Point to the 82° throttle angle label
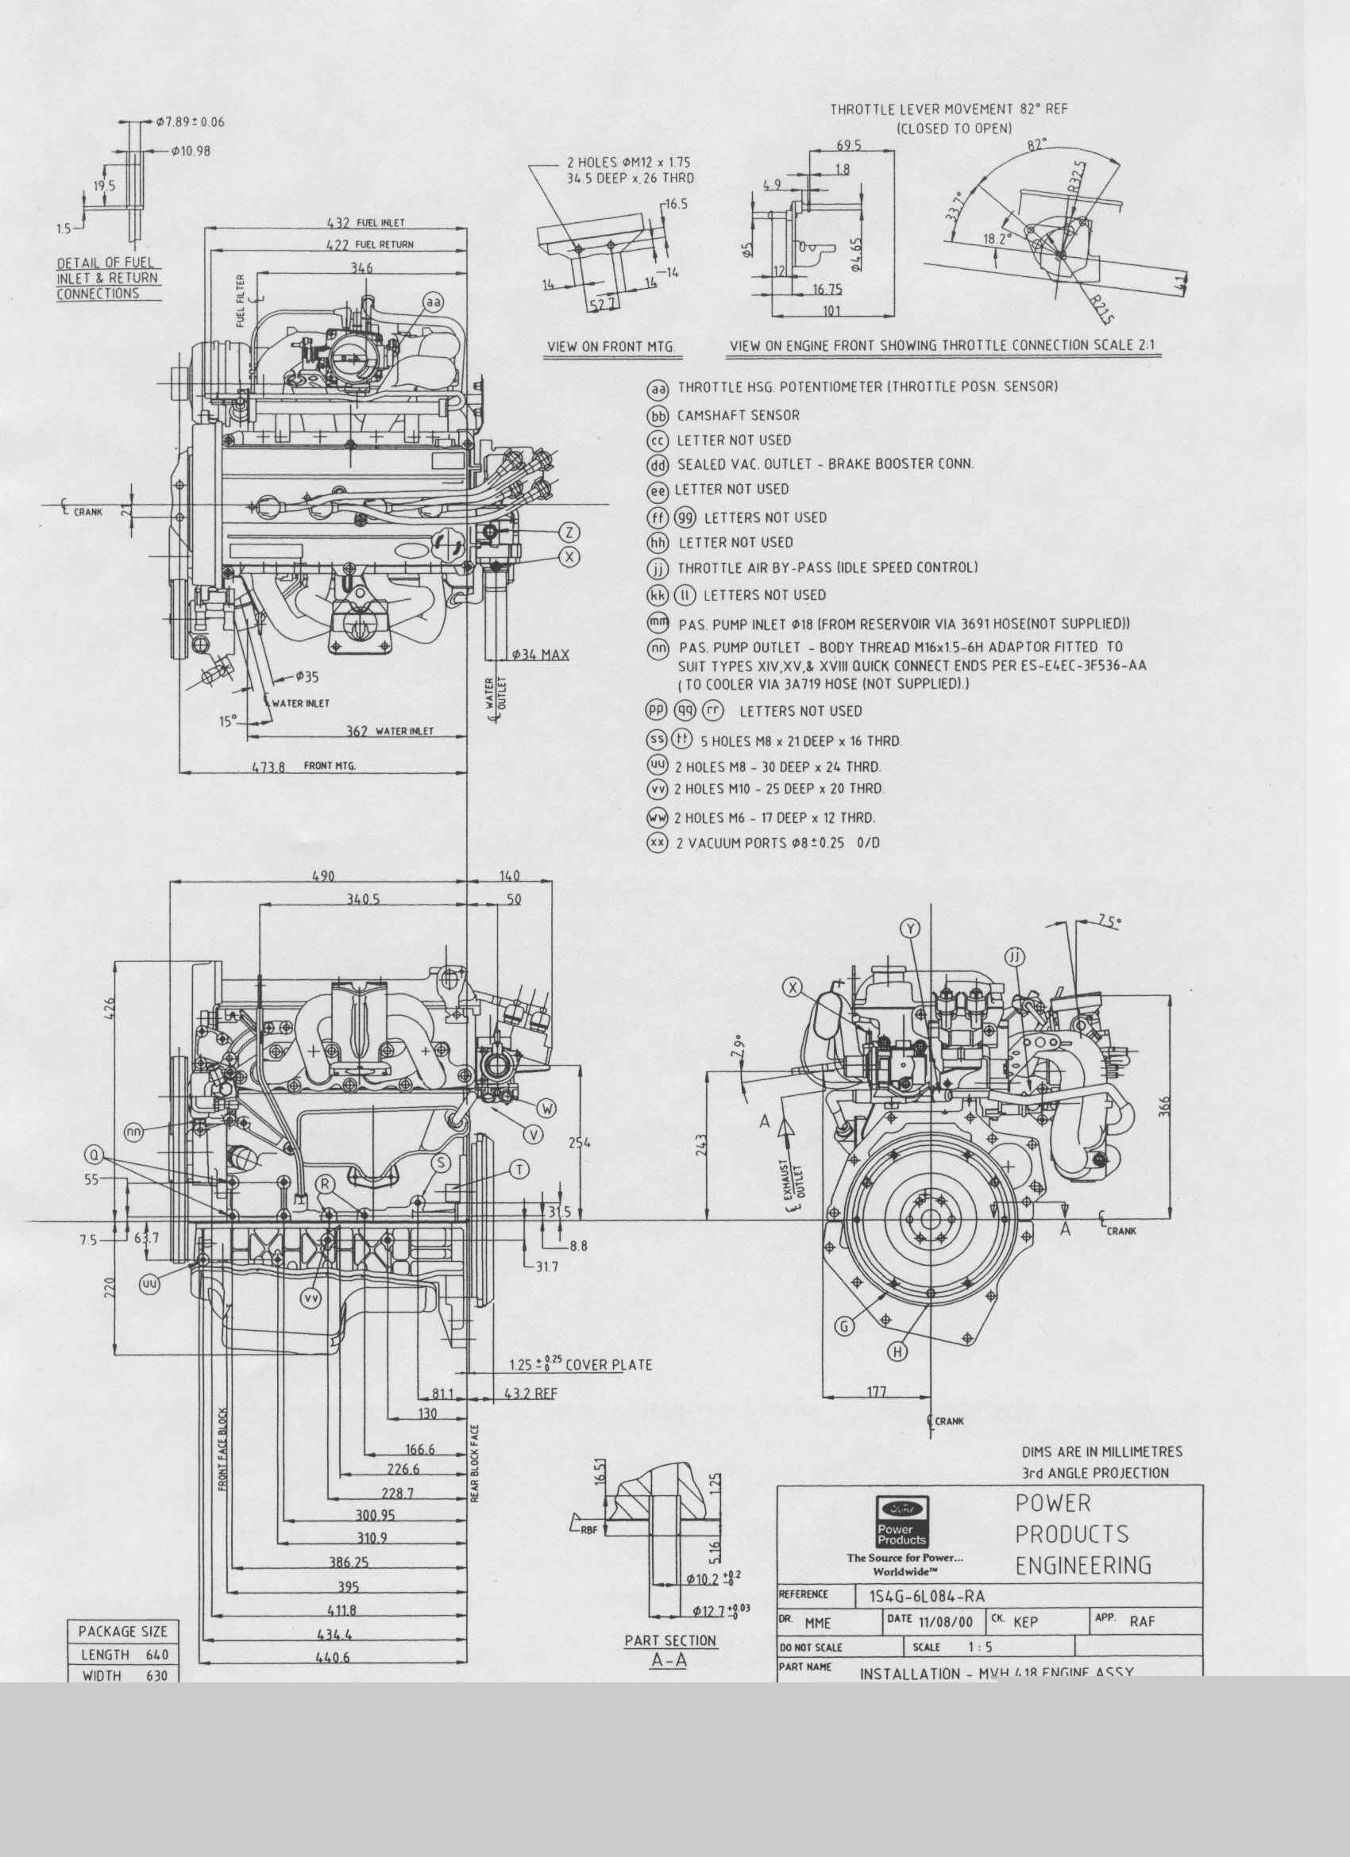pos(1037,145)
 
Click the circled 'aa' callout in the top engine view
pos(434,303)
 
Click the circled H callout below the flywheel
pos(899,1351)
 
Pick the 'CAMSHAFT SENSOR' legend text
pos(738,416)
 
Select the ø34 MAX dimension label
pos(540,654)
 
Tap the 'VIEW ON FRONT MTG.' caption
pos(611,347)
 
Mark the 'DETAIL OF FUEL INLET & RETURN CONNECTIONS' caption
pos(106,279)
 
